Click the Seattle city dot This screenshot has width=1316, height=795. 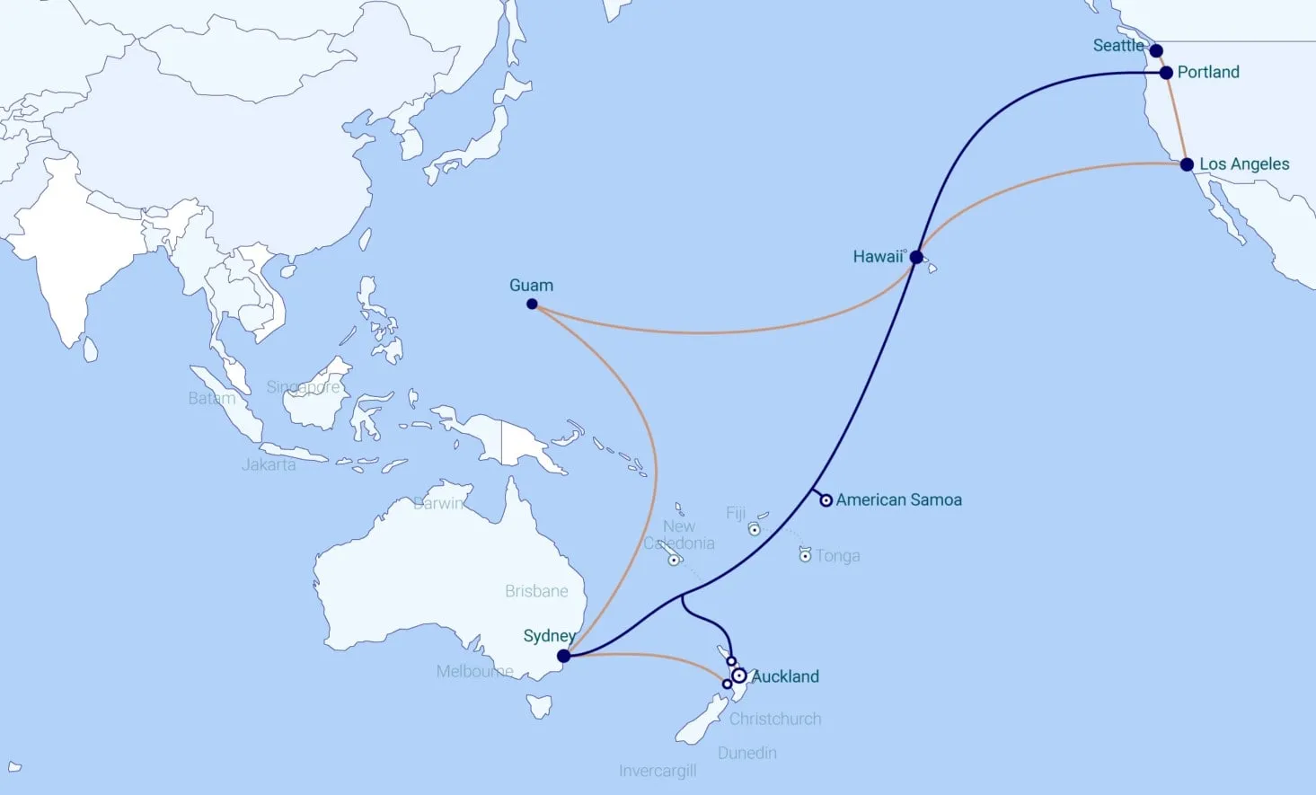pyautogui.click(x=1156, y=51)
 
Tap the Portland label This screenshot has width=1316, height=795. pyautogui.click(x=1208, y=72)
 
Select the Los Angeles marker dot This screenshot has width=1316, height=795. pyautogui.click(x=1187, y=164)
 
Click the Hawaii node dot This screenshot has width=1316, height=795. pyautogui.click(x=916, y=257)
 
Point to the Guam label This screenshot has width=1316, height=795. pyautogui.click(x=531, y=285)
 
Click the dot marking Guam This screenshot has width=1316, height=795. pyautogui.click(x=532, y=305)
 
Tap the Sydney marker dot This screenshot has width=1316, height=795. pyautogui.click(x=564, y=656)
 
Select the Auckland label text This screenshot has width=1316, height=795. pyautogui.click(x=785, y=676)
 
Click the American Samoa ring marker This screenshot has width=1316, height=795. pyautogui.click(x=826, y=500)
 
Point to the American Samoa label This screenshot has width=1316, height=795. pyautogui.click(x=898, y=499)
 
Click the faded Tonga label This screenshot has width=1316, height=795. pyautogui.click(x=837, y=556)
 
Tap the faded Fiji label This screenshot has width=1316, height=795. pyautogui.click(x=736, y=513)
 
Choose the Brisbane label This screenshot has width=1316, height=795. pyautogui.click(x=536, y=591)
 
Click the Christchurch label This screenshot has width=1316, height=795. pyautogui.click(x=775, y=719)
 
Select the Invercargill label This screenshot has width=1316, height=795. pyautogui.click(x=658, y=771)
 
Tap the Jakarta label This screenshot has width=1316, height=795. pyautogui.click(x=269, y=464)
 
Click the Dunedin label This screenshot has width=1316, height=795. pyautogui.click(x=747, y=753)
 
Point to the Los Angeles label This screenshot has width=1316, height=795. pyautogui.click(x=1244, y=164)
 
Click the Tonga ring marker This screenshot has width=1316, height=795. pyautogui.click(x=806, y=556)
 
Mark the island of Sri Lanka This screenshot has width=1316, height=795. pyautogui.click(x=90, y=349)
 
